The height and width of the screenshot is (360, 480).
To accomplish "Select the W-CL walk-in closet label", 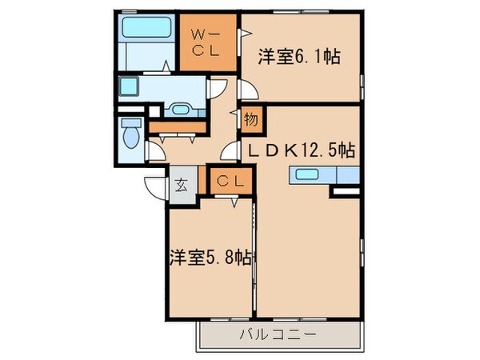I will pyautogui.click(x=206, y=42).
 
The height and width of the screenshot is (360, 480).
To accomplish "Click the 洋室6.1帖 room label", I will pyautogui.click(x=299, y=57).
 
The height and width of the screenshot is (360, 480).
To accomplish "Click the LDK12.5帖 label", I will pyautogui.click(x=301, y=150).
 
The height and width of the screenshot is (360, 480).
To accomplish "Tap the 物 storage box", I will pyautogui.click(x=250, y=120).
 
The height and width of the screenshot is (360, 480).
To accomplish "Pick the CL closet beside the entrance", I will pyautogui.click(x=230, y=182).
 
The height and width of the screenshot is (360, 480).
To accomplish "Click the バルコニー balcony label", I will pyautogui.click(x=278, y=334).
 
